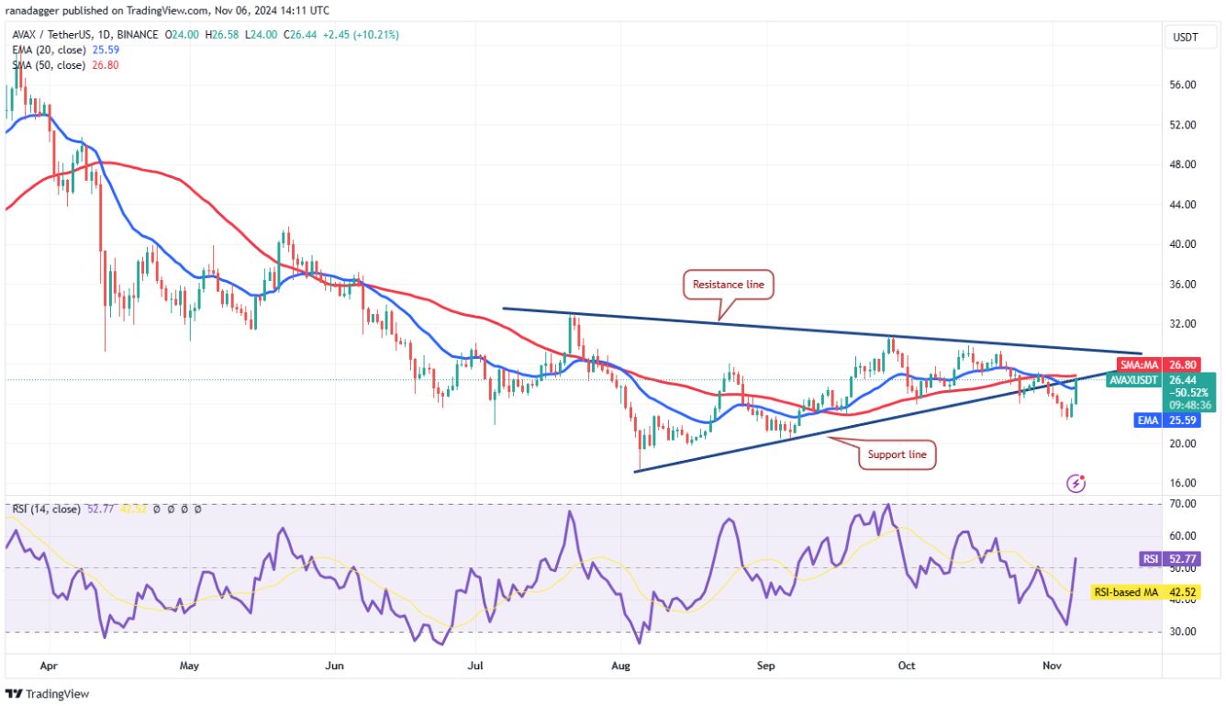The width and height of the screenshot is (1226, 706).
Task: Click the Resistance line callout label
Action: [x=727, y=285]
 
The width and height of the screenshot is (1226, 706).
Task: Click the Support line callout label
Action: [x=897, y=454]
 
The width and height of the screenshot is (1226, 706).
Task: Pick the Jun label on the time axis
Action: [x=335, y=665]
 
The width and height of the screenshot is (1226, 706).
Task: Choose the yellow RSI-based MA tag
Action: [x=1125, y=593]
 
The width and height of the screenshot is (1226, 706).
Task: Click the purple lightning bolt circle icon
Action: [x=1078, y=482]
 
